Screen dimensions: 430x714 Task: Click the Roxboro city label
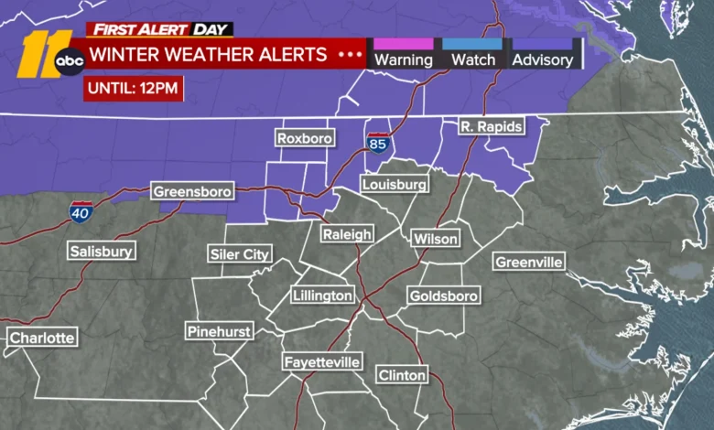click(x=305, y=139)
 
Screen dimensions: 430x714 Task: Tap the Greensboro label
click(x=192, y=192)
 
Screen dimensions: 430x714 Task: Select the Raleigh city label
click(x=347, y=234)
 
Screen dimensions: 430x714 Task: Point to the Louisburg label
click(x=394, y=185)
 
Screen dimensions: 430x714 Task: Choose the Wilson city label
click(x=435, y=239)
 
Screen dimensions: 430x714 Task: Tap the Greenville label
click(x=528, y=263)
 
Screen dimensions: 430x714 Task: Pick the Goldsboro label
click(x=443, y=296)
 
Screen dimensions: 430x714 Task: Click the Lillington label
click(x=322, y=296)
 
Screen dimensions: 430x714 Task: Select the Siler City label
click(x=240, y=254)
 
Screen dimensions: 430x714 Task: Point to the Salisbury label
click(x=101, y=251)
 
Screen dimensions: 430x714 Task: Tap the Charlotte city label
click(x=42, y=338)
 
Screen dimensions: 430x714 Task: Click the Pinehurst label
click(x=219, y=331)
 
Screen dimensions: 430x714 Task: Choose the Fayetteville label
click(x=321, y=362)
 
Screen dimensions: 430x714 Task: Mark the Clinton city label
click(x=402, y=375)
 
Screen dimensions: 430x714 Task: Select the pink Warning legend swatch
click(x=403, y=43)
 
